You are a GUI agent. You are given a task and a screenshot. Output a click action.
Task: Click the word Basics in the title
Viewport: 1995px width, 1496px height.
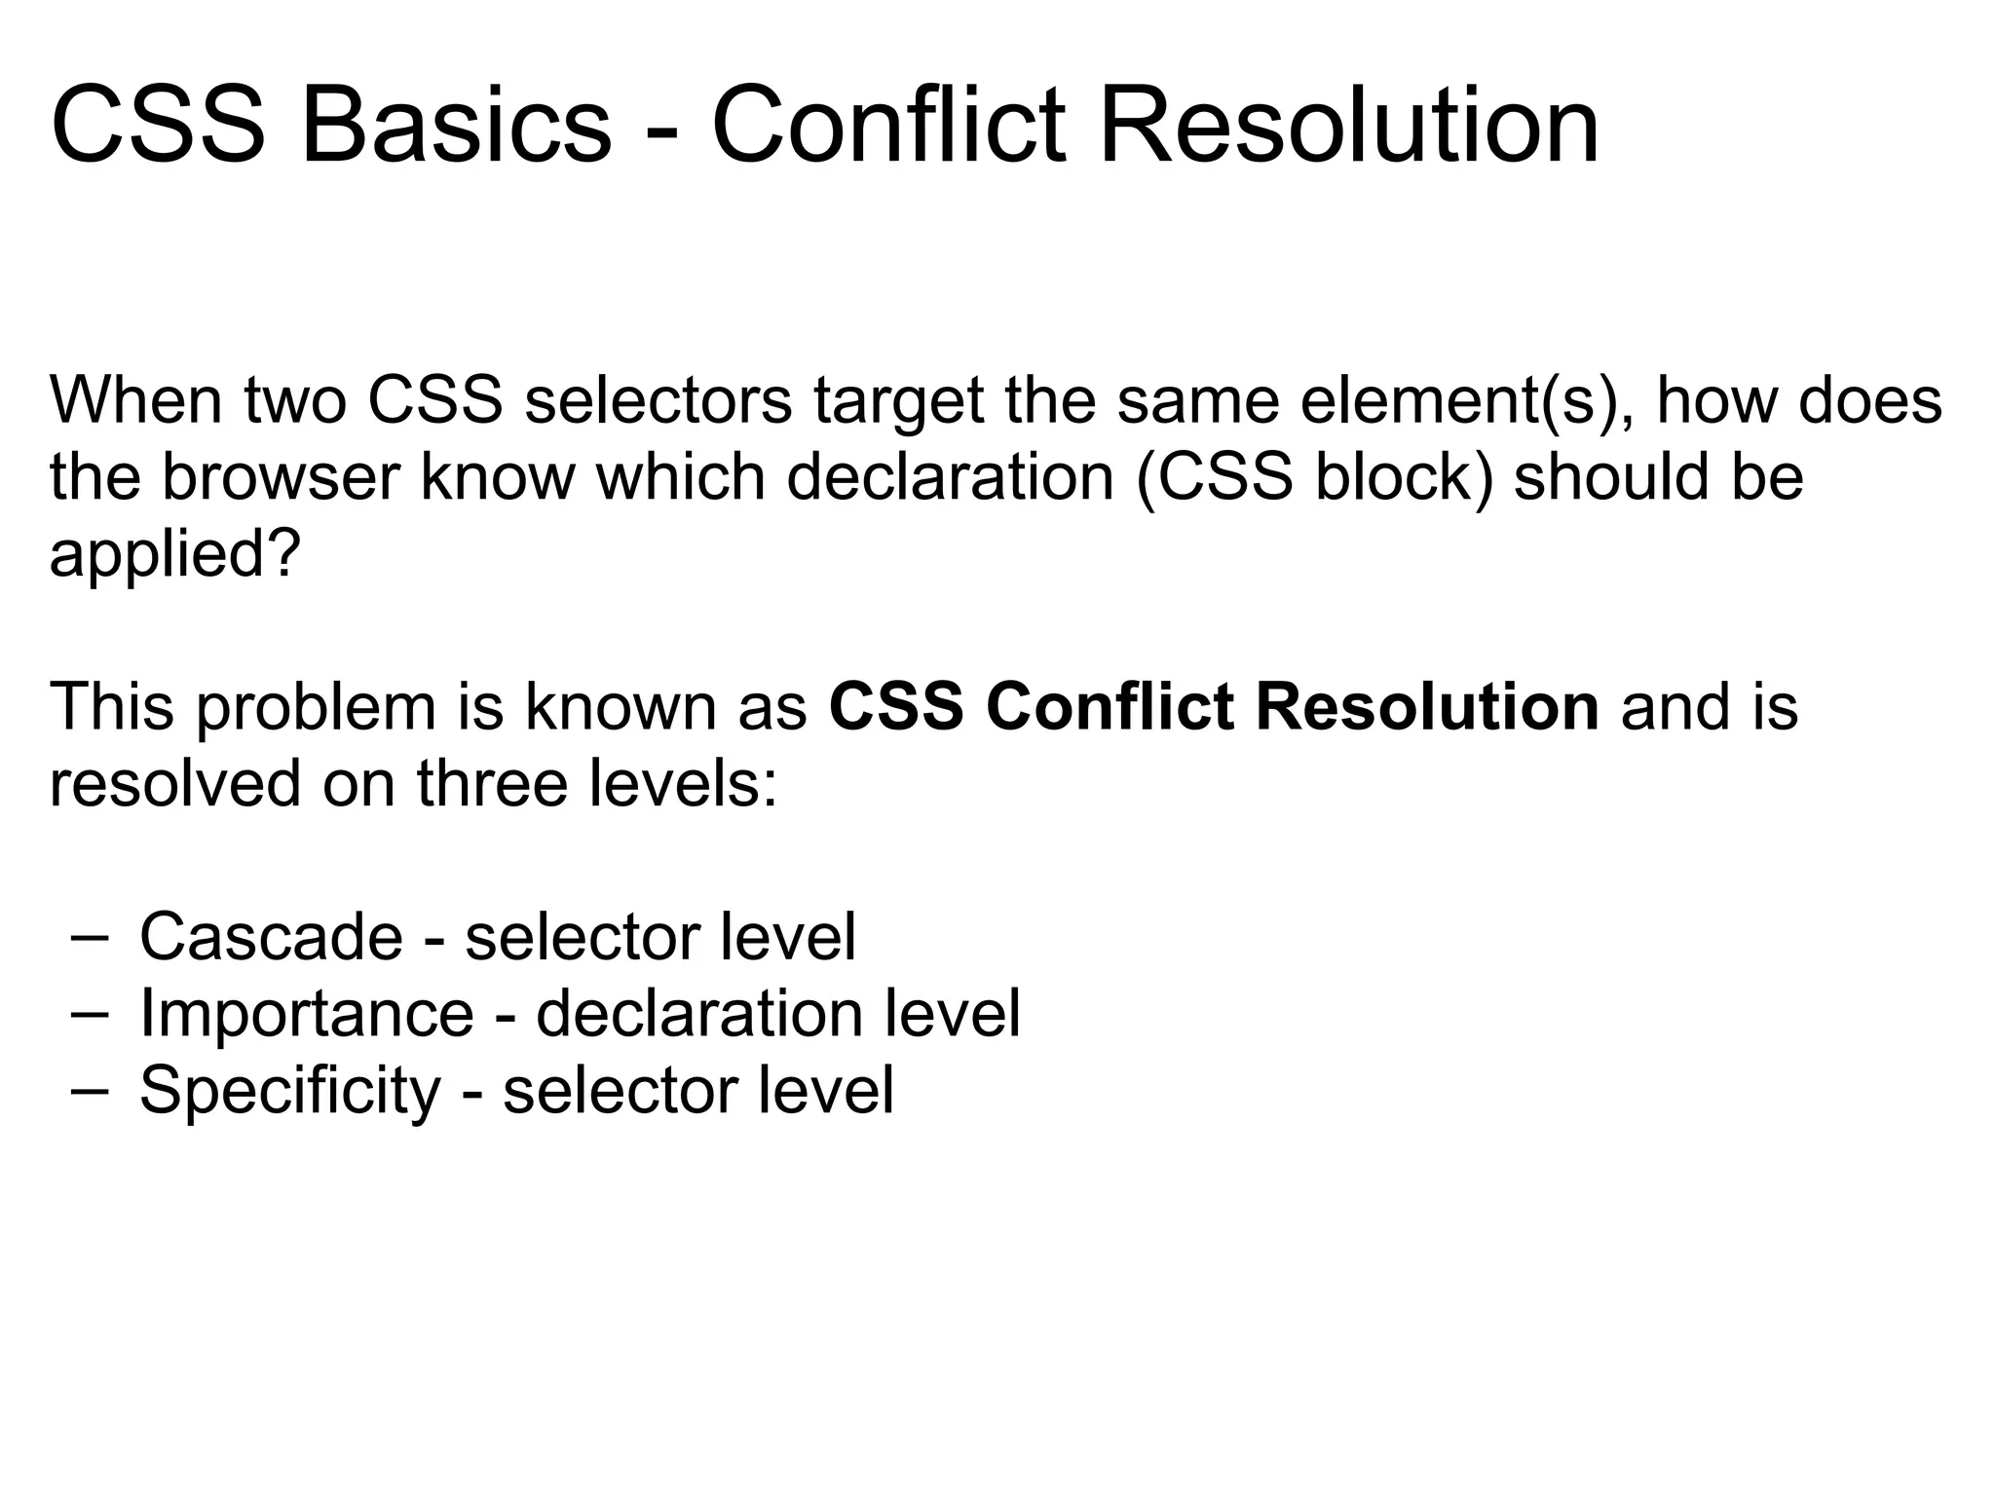456,127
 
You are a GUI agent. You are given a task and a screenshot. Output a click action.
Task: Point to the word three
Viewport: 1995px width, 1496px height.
492,783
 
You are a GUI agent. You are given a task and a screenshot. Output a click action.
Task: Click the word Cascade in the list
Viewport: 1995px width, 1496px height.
271,937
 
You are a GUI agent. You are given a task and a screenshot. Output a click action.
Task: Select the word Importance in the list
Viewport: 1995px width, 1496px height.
306,1014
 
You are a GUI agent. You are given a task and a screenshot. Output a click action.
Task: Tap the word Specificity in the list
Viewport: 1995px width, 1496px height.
290,1091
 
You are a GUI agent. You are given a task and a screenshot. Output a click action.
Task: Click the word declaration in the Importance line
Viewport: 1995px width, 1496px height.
699,1014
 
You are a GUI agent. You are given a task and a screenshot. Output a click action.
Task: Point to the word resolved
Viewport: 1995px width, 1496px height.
174,783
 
